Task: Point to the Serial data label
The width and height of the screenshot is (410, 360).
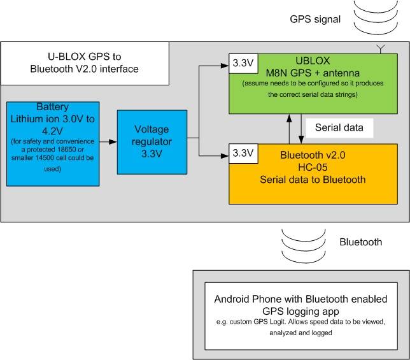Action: click(339, 127)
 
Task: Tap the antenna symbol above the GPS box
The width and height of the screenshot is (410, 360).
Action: click(381, 48)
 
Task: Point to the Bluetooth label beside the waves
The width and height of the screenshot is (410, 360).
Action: click(360, 242)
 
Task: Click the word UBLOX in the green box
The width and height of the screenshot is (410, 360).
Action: click(313, 61)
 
